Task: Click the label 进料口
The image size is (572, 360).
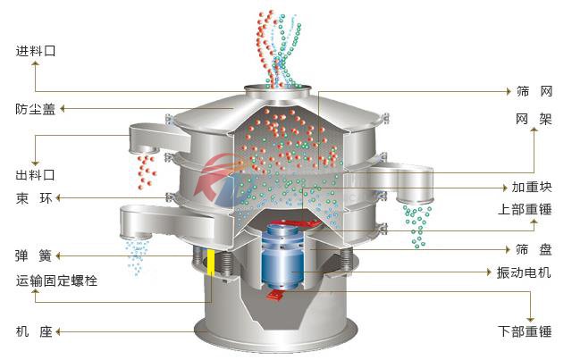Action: click(x=36, y=51)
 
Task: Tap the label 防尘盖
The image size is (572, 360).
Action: click(x=36, y=109)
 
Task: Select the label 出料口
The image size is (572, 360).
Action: click(x=36, y=175)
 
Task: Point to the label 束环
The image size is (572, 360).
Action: click(x=34, y=198)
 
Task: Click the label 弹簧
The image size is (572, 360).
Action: click(x=34, y=255)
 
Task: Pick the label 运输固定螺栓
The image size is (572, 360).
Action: click(x=56, y=280)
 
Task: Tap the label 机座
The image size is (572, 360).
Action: click(x=34, y=331)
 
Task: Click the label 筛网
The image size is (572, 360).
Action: click(x=534, y=91)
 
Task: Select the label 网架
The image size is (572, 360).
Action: click(x=534, y=119)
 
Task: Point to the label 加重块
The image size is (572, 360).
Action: click(x=532, y=187)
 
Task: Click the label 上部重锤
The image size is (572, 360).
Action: click(x=525, y=209)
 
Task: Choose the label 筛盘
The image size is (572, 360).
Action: click(x=534, y=249)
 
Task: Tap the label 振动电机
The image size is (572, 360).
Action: click(x=524, y=272)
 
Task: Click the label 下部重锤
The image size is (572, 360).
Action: click(x=525, y=331)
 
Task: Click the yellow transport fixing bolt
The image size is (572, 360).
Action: click(x=211, y=263)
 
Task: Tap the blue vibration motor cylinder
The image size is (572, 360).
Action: click(x=282, y=256)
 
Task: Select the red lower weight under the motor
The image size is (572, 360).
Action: click(x=276, y=294)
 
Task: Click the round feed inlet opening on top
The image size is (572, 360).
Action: click(x=278, y=88)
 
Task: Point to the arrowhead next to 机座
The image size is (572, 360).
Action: click(x=57, y=332)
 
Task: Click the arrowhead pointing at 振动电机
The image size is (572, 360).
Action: click(x=489, y=272)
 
